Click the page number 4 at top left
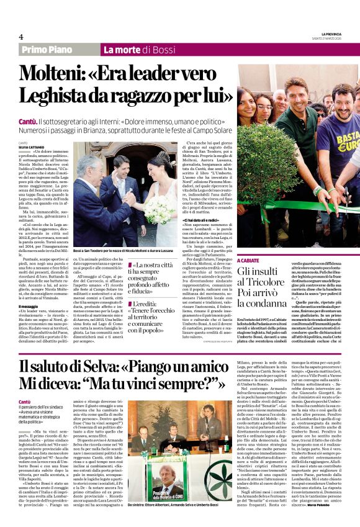click(x=21, y=37)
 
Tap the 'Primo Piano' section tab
click(x=46, y=50)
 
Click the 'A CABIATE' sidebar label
click(x=251, y=261)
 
